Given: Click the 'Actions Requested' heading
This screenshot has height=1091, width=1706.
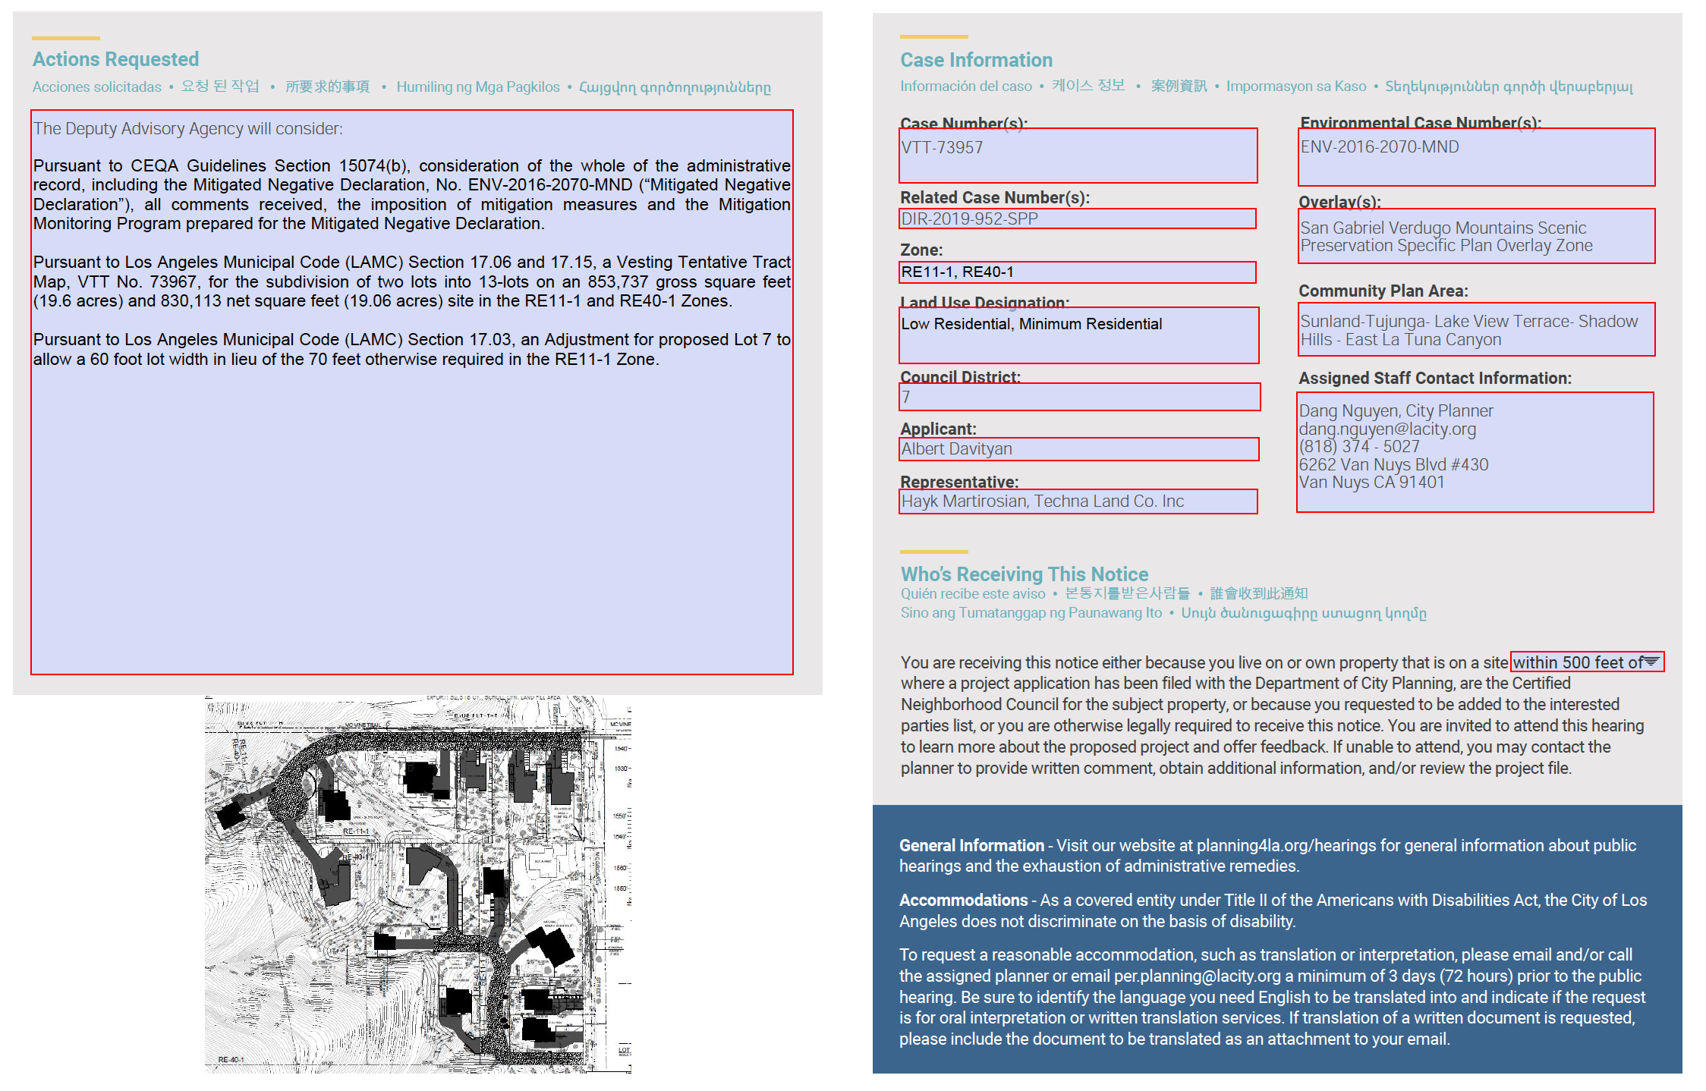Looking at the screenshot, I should [x=115, y=59].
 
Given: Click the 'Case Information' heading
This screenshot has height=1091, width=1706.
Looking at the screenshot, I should [x=976, y=60].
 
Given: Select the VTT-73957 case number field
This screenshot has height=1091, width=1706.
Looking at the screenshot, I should [x=1078, y=156].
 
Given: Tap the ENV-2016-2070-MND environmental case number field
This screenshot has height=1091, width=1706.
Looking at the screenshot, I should [x=1476, y=157].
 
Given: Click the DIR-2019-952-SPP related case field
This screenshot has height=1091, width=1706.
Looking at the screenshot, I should [x=1077, y=219].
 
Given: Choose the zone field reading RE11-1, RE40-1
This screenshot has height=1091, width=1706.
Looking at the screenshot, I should [x=1077, y=272].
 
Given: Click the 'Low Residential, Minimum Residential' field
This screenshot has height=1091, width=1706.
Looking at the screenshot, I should [x=1078, y=335].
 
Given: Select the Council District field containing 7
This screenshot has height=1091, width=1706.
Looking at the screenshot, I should [x=1079, y=397].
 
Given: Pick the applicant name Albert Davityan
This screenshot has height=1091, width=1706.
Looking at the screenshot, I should [x=1078, y=449].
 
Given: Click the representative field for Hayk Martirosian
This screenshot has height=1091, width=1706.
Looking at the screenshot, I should [x=1078, y=501].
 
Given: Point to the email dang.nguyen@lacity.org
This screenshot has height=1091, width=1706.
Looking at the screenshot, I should [x=1387, y=429].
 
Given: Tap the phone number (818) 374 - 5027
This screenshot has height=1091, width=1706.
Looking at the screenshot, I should [x=1358, y=447].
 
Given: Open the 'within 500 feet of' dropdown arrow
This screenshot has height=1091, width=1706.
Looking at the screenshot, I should [x=1651, y=662].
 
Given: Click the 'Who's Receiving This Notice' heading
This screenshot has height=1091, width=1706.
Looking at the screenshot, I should [x=1024, y=574].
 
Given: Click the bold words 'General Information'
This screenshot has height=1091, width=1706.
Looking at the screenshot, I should [x=971, y=846].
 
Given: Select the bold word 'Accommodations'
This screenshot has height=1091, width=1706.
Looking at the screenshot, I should [x=963, y=901].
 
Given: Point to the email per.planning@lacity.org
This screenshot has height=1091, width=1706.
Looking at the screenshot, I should [x=1197, y=976].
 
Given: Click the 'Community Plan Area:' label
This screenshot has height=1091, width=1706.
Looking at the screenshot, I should [x=1383, y=291].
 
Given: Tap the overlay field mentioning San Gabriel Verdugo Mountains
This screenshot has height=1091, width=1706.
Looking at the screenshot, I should [x=1476, y=237].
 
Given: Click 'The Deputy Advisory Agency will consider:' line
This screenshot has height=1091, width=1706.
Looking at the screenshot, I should [x=187, y=129].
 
